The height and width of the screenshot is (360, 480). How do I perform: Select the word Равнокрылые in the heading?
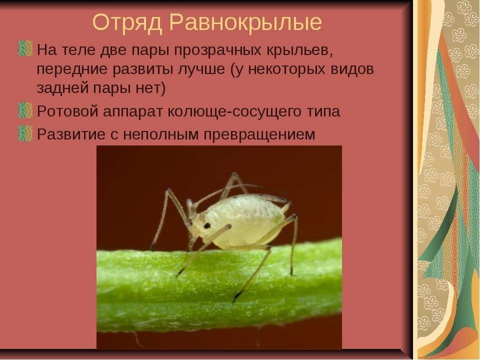pyautogui.click(x=245, y=22)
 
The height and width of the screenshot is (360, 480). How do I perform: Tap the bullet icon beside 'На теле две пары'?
pyautogui.click(x=25, y=48)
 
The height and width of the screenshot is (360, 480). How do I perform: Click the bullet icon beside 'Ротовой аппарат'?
pyautogui.click(x=25, y=110)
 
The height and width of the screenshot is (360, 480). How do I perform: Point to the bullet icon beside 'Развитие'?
pyautogui.click(x=25, y=133)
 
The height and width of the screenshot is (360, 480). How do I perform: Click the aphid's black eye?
pyautogui.click(x=207, y=226)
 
